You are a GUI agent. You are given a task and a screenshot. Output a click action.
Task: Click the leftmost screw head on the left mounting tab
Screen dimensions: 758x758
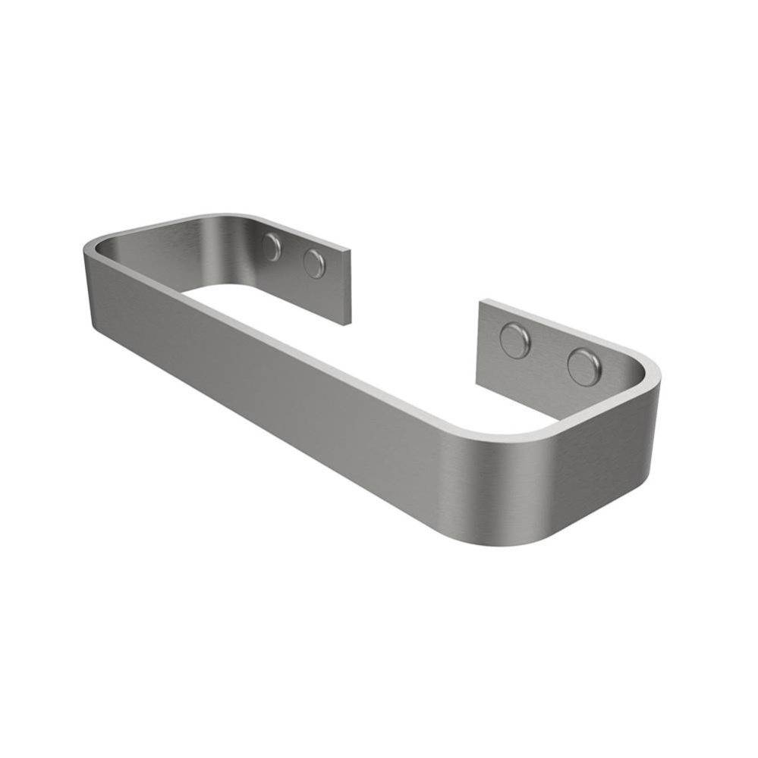[272, 247]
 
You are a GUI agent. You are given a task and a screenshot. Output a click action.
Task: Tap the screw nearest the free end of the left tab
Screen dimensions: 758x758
[314, 264]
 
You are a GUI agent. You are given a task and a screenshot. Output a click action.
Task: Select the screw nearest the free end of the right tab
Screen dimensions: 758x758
[514, 340]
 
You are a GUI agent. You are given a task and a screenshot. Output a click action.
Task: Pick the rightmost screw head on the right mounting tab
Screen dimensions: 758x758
[584, 367]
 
